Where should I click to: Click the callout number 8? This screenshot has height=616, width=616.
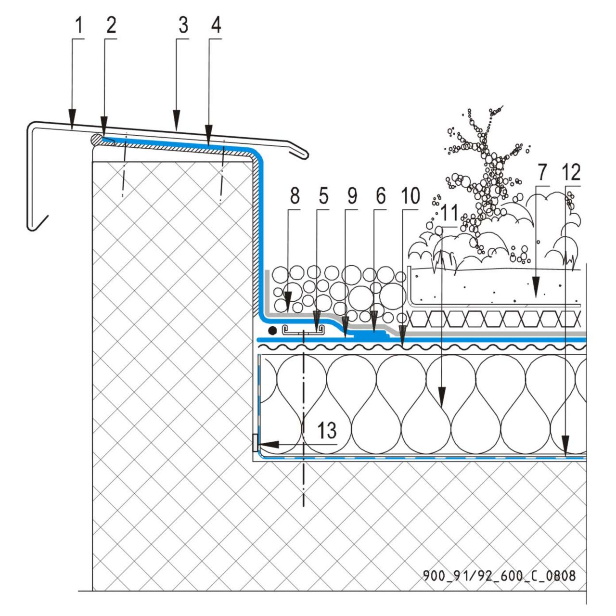point(295,196)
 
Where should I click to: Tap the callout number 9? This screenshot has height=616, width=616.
point(352,196)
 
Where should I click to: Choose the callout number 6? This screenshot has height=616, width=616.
point(381,196)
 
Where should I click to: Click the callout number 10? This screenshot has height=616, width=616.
point(410,196)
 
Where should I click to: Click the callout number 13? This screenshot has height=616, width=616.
point(327,431)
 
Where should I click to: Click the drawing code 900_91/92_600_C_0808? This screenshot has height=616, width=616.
point(499,575)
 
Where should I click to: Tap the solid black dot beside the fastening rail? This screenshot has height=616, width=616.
point(272,331)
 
